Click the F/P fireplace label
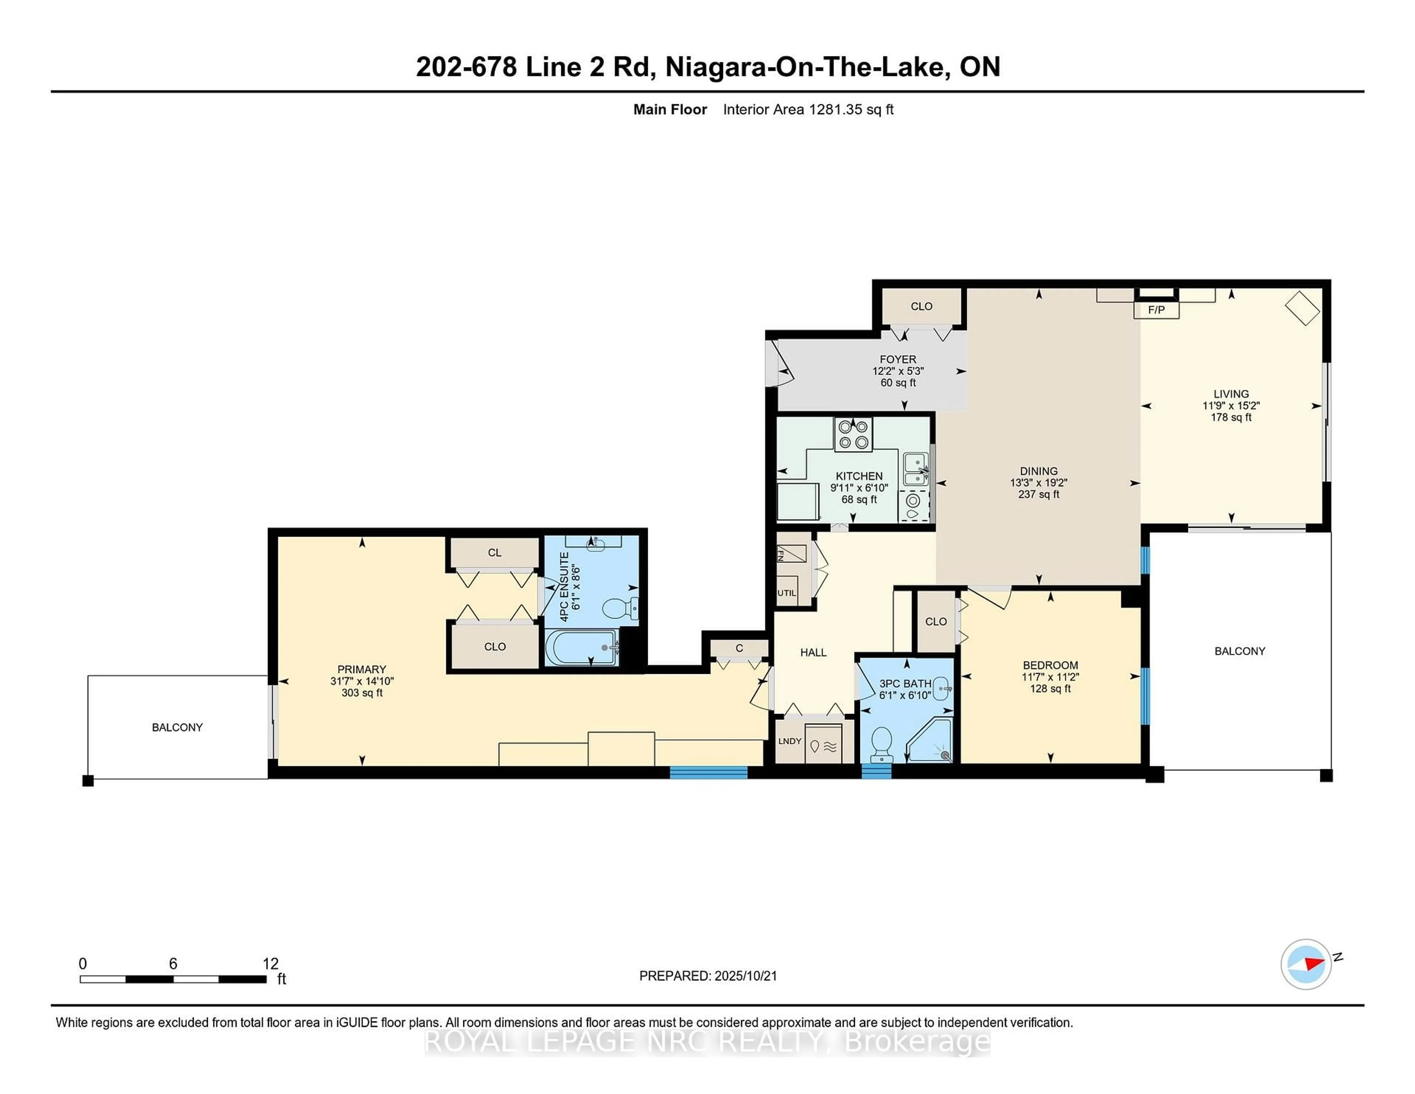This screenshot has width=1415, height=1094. [1156, 310]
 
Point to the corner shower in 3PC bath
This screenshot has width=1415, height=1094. [932, 741]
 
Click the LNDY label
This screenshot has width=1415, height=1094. [790, 741]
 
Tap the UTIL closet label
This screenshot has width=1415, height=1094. [787, 592]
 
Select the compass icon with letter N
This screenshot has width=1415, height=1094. [1306, 964]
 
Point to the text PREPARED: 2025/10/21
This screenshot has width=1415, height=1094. [707, 975]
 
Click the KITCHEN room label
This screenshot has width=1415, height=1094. [859, 476]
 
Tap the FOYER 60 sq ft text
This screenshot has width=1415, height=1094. [898, 382]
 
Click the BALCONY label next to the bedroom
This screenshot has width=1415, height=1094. [1240, 651]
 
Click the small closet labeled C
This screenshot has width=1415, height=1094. [738, 648]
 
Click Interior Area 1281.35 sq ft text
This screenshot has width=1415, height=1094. [808, 109]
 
